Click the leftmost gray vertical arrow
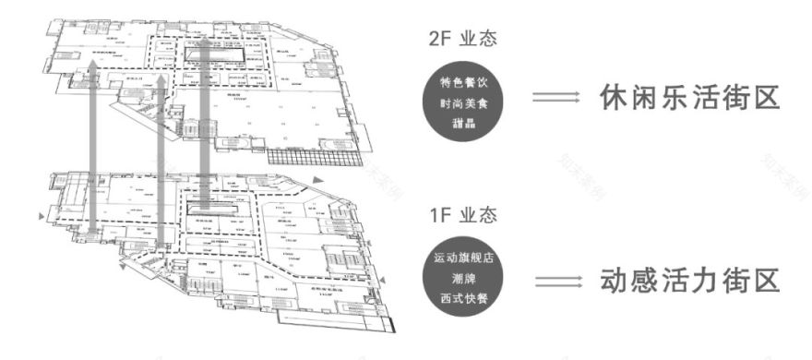coord(94,157)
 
